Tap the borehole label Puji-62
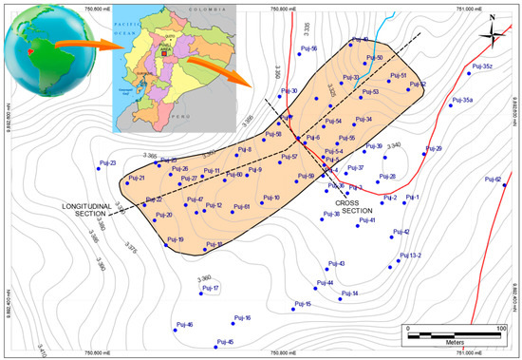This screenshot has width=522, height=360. tap(492, 179)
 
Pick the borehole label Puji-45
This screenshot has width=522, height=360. tap(225, 342)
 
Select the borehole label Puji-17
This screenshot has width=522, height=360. tap(210, 288)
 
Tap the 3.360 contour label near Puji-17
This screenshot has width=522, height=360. tap(204, 277)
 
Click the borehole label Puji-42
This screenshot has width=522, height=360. tap(401, 232)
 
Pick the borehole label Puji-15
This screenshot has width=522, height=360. tap(303, 304)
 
